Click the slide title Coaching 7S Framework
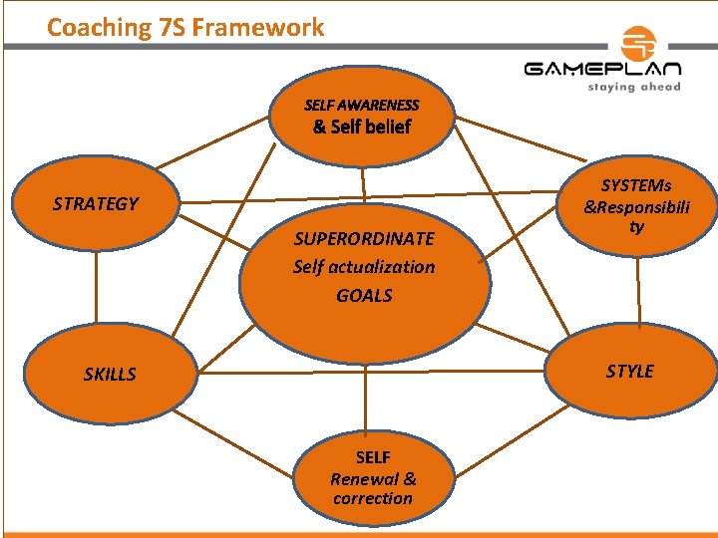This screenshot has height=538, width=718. pos(185,27)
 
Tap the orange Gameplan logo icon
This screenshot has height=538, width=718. pos(637,44)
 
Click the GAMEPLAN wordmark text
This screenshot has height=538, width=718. pos(602,70)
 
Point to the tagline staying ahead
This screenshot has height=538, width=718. pos(633,87)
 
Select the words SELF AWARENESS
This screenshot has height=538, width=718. pos(361,105)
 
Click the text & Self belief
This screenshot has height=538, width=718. pos(361,127)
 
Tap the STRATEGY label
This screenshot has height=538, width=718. pos(96,204)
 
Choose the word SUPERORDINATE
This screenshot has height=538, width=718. pos(364,239)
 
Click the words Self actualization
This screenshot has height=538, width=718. pos(364,267)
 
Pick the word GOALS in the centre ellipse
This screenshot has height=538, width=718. pos(364,296)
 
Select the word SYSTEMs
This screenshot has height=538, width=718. pos(636,185)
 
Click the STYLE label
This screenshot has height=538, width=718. pos(630,372)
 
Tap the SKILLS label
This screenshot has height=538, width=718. pos(110,375)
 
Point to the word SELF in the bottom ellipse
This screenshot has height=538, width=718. pos(373,457)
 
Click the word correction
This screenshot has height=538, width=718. pos(373,499)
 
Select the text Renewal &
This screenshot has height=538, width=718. pos(373,478)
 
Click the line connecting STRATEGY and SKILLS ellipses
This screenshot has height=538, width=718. pos(98,284)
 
